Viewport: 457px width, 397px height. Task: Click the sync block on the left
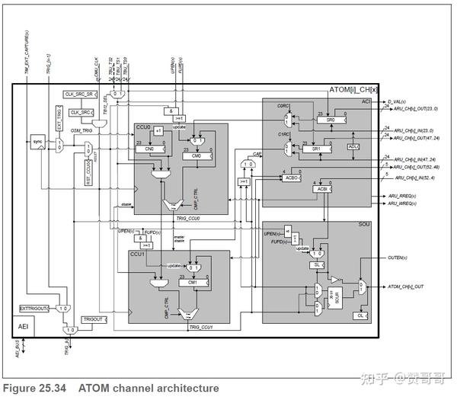[x=37, y=141]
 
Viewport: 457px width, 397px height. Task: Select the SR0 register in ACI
[x=330, y=120]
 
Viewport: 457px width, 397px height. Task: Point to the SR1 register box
[x=316, y=149]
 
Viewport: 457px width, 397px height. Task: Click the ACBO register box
[x=290, y=178]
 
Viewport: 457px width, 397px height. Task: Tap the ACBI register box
[x=322, y=188]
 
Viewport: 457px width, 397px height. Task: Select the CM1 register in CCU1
[x=193, y=282]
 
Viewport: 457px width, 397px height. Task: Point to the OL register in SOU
[x=361, y=315]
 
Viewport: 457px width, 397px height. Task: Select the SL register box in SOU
[x=316, y=264]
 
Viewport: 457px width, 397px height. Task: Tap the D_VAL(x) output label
[x=397, y=100]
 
